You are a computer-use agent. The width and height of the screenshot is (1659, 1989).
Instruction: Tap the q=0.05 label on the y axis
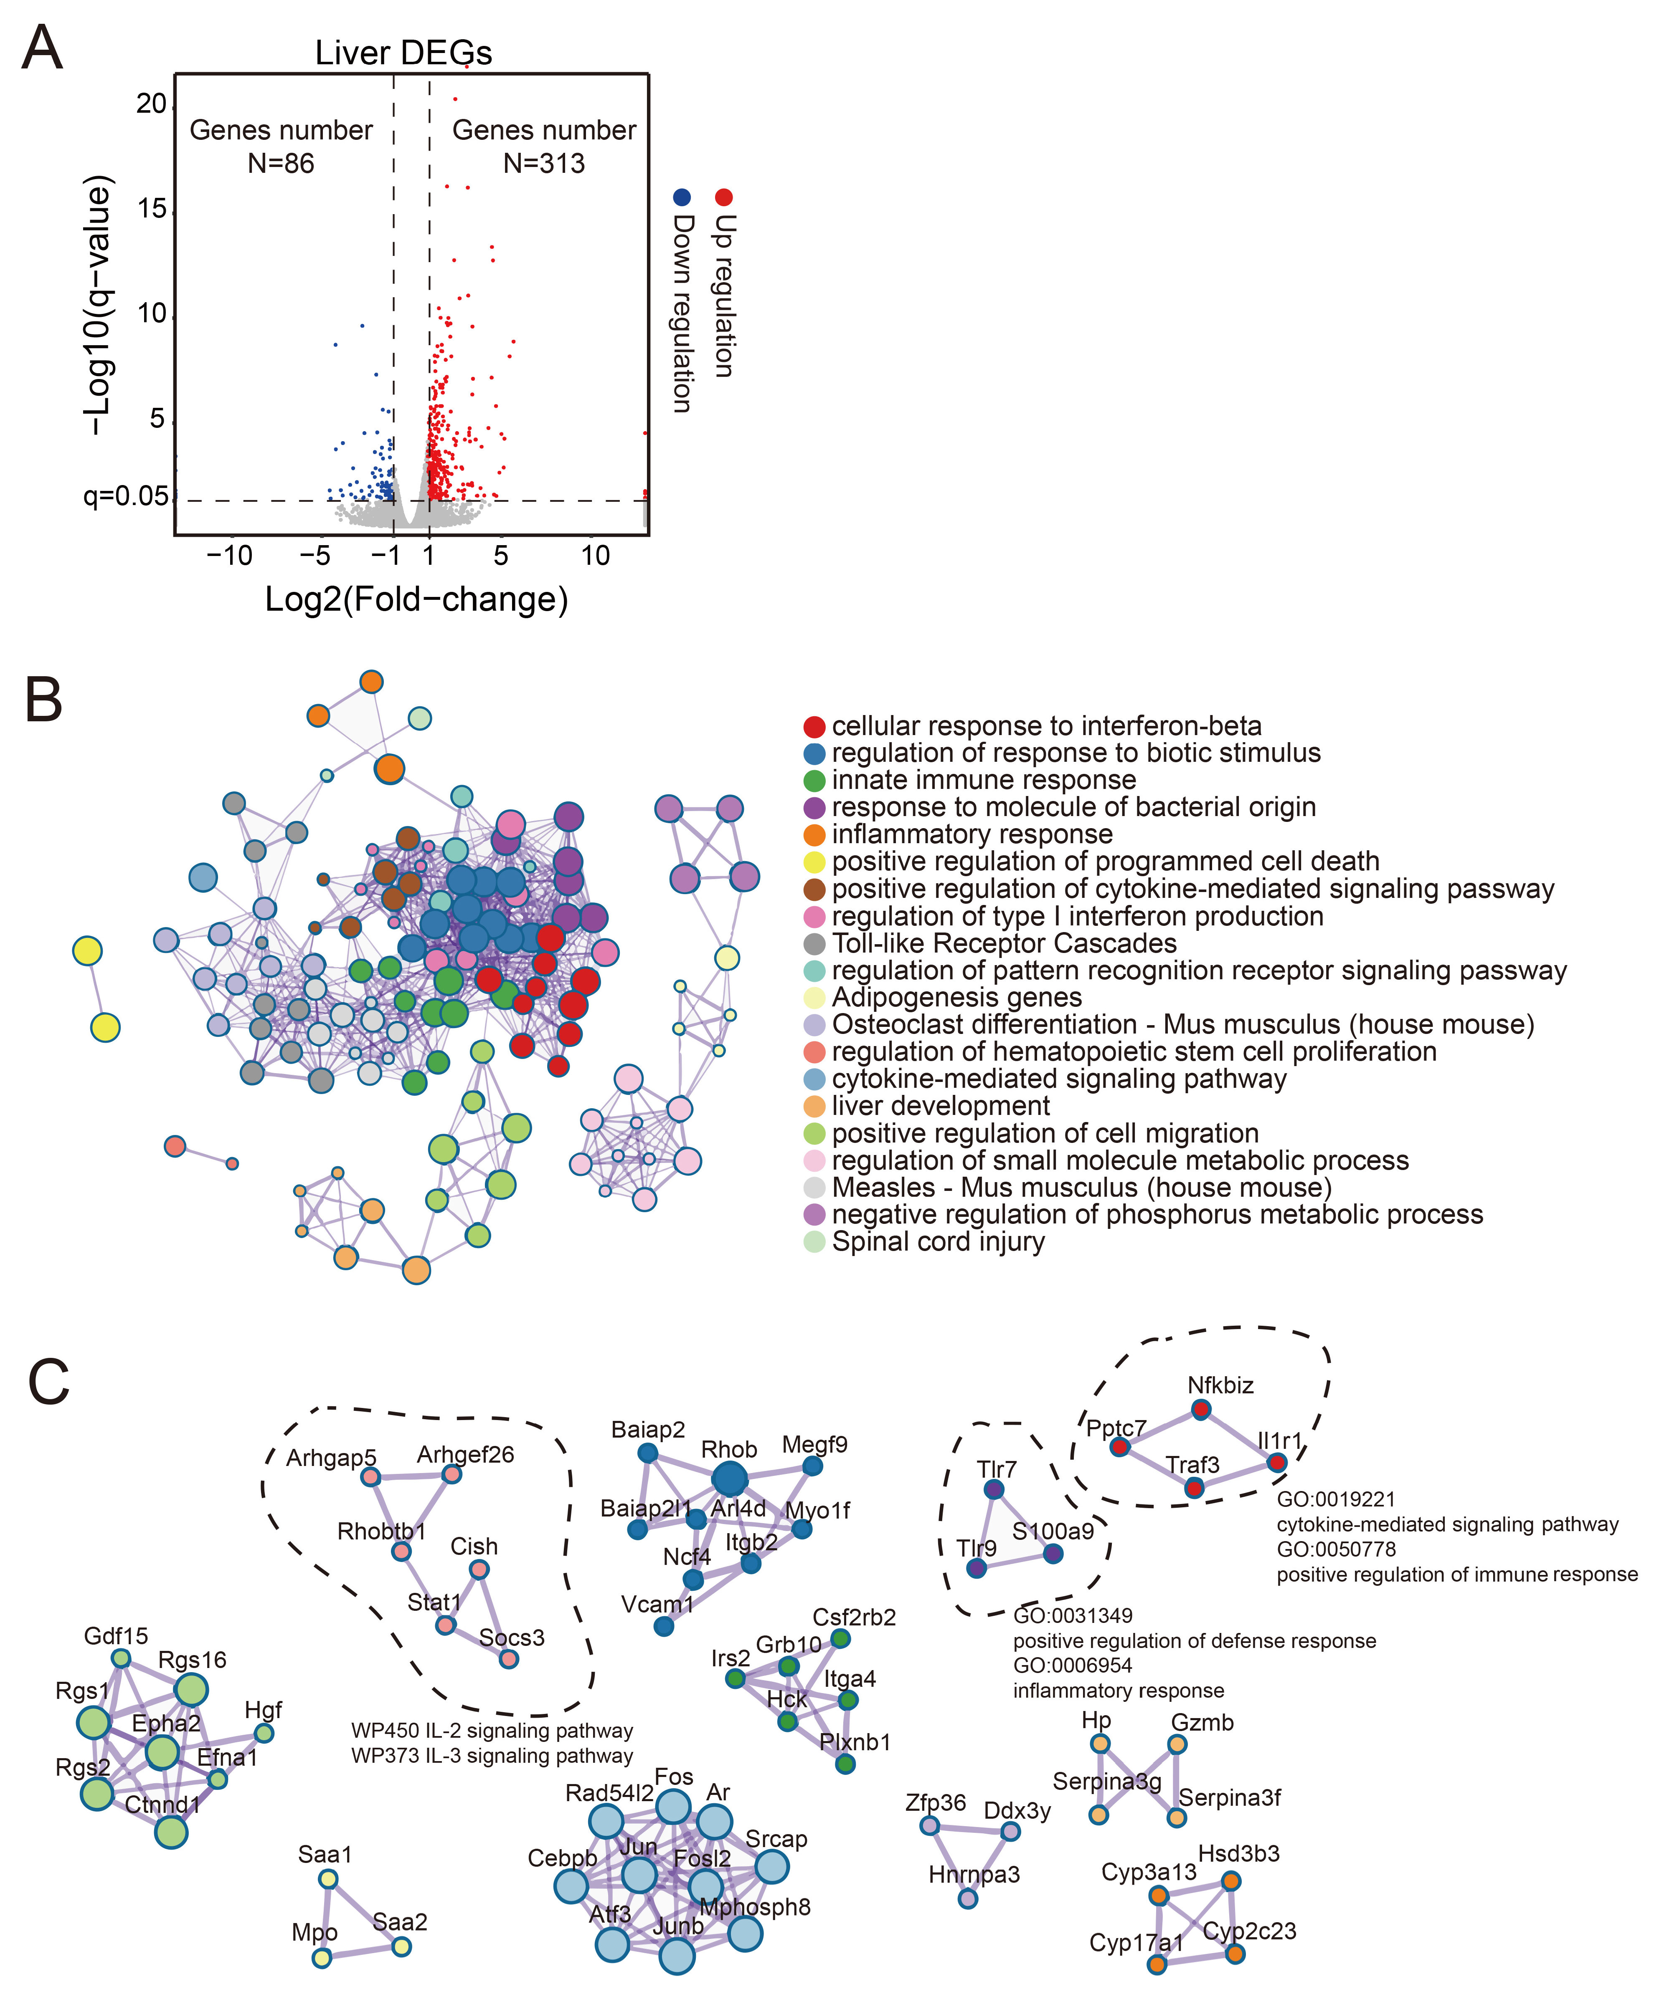(x=125, y=496)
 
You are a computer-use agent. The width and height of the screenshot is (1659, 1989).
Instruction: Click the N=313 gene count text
(x=544, y=164)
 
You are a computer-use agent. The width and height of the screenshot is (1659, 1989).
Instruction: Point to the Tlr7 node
(x=994, y=1489)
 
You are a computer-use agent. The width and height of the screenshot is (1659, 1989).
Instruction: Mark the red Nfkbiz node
(x=1200, y=1409)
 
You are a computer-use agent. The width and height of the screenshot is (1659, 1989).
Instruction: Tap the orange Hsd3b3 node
(x=1231, y=1881)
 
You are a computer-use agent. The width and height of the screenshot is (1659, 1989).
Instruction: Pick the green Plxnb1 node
(x=845, y=1764)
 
